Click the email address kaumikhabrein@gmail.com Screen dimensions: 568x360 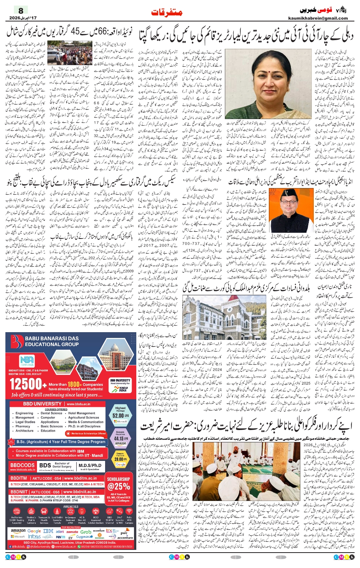click(x=318, y=18)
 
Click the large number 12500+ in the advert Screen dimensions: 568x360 click(x=26, y=384)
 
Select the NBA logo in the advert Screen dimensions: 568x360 click(x=27, y=361)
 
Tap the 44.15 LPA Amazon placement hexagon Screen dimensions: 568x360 click(x=121, y=438)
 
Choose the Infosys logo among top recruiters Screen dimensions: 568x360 click(x=34, y=536)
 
